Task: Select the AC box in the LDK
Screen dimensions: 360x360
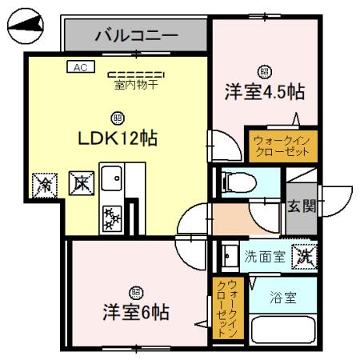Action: (79, 68)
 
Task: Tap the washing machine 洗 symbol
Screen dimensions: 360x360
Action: (304, 256)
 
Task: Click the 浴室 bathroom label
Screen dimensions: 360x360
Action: (284, 298)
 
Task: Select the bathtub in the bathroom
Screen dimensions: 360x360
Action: (284, 330)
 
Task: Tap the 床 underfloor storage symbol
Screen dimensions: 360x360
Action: (81, 182)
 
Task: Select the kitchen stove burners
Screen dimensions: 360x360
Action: (111, 215)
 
